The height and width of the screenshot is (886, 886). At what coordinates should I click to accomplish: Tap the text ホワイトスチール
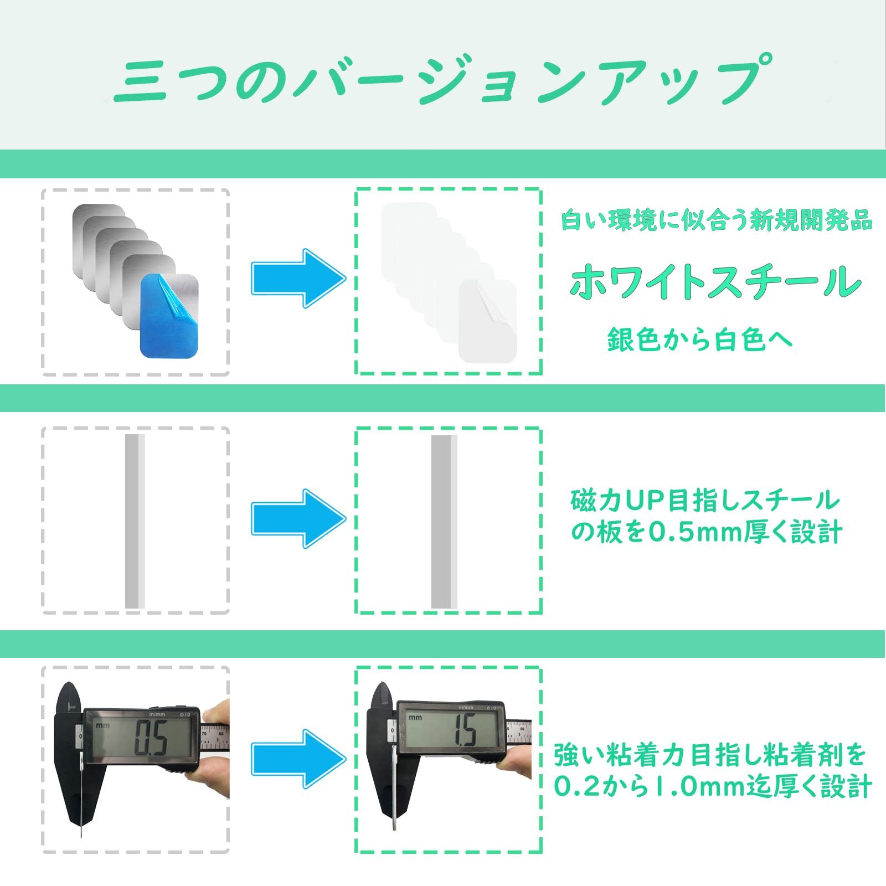click(x=715, y=281)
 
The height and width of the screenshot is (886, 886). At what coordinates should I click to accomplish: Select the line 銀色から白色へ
click(x=700, y=339)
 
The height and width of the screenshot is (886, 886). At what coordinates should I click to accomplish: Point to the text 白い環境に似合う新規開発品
click(x=717, y=221)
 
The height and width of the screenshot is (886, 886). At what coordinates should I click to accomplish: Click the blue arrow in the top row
click(x=298, y=279)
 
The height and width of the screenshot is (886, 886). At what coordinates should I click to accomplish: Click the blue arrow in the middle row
click(x=298, y=518)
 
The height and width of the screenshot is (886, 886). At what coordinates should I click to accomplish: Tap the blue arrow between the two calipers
click(x=298, y=758)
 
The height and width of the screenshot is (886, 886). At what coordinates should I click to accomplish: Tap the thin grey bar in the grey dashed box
click(x=135, y=521)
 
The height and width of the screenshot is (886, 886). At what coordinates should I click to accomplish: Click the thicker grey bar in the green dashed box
click(x=445, y=522)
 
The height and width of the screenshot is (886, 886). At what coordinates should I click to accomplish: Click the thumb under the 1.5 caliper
click(x=513, y=763)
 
